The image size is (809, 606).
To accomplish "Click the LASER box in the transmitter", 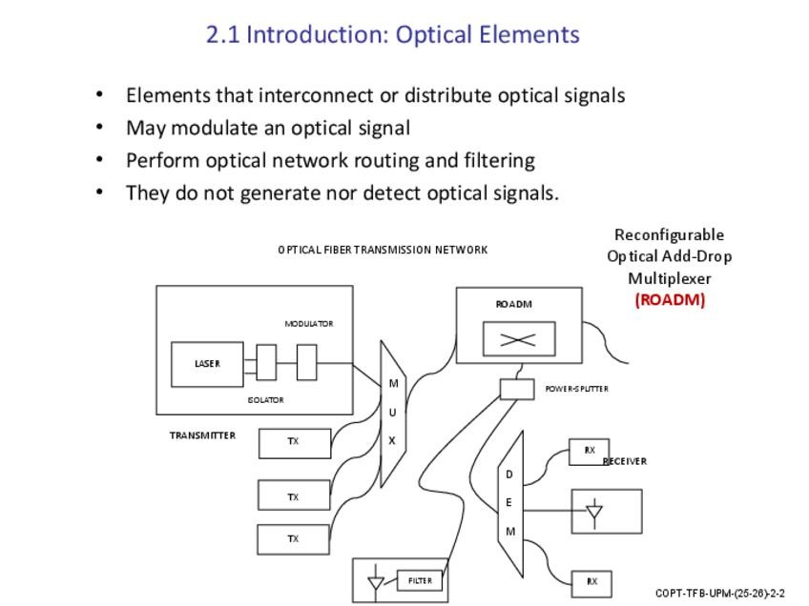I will tap(206, 364).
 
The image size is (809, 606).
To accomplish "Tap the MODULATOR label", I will tap(308, 324).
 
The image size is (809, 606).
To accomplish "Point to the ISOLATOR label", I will tap(265, 400).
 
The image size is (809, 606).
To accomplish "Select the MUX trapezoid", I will tap(392, 413).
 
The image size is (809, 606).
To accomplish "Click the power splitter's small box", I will tap(516, 389).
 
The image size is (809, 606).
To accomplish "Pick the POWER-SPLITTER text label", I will tap(576, 389).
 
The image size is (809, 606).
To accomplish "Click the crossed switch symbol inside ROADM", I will tap(518, 339).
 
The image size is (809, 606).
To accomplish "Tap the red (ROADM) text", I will tap(670, 299).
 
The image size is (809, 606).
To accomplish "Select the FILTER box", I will tap(420, 580).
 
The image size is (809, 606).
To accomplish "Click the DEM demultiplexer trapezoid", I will tap(510, 503).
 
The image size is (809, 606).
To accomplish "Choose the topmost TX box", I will tap(294, 442).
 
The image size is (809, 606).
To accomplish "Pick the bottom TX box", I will tap(293, 539).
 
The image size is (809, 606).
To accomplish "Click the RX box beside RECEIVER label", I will tap(589, 451).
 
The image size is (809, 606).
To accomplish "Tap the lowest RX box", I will tap(591, 581).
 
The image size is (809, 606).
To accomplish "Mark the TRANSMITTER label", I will tap(202, 435).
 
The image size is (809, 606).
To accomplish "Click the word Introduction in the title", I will tap(317, 34).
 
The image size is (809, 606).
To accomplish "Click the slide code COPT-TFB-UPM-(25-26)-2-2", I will tap(719, 593).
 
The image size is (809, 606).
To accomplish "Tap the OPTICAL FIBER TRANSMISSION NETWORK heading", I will tap(383, 250).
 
